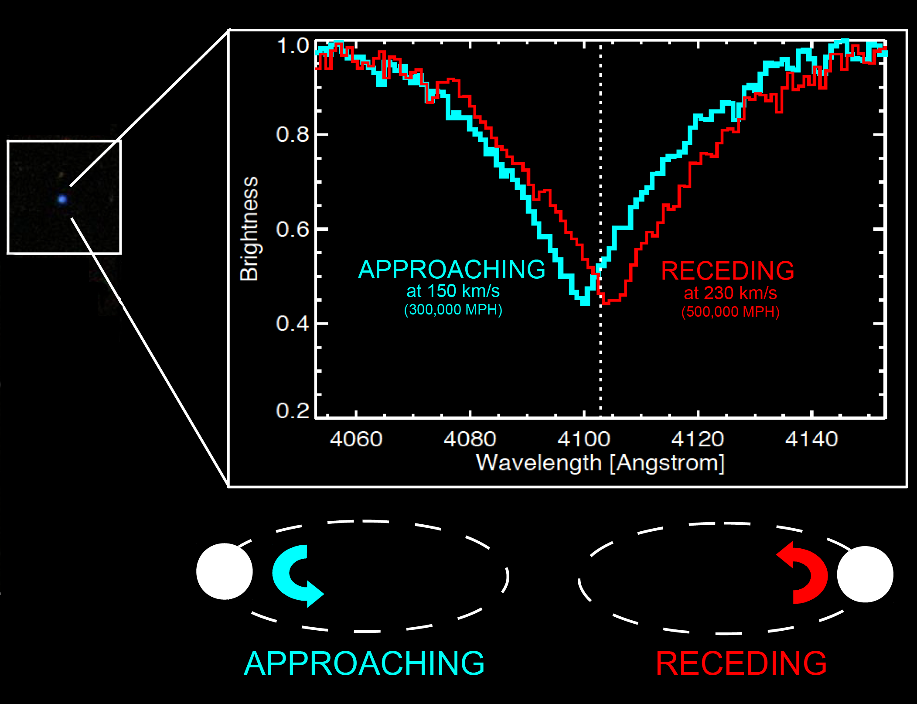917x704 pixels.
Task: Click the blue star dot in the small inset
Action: click(x=62, y=199)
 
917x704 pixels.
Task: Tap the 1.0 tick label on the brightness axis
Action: click(x=293, y=46)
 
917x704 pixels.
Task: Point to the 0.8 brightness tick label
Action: click(x=293, y=134)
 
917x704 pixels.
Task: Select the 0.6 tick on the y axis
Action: click(x=293, y=229)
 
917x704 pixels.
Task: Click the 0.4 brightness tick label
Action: click(x=293, y=324)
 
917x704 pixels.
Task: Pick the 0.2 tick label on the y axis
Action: click(x=293, y=410)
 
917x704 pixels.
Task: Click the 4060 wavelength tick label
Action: click(x=356, y=439)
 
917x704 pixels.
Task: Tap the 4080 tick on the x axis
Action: click(x=470, y=439)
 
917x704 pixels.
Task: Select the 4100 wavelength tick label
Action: click(x=584, y=439)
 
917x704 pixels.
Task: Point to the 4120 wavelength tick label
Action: click(x=698, y=439)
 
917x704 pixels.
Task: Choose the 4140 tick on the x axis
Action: click(x=811, y=439)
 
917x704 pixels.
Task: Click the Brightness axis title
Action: click(x=249, y=229)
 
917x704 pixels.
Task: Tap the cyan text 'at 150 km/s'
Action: click(x=453, y=291)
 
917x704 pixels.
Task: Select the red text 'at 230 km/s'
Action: click(x=730, y=293)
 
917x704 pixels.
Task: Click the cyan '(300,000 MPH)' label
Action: click(x=453, y=310)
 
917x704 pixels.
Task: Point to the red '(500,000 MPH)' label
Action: click(x=730, y=312)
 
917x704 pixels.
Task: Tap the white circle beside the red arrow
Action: click(x=865, y=574)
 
